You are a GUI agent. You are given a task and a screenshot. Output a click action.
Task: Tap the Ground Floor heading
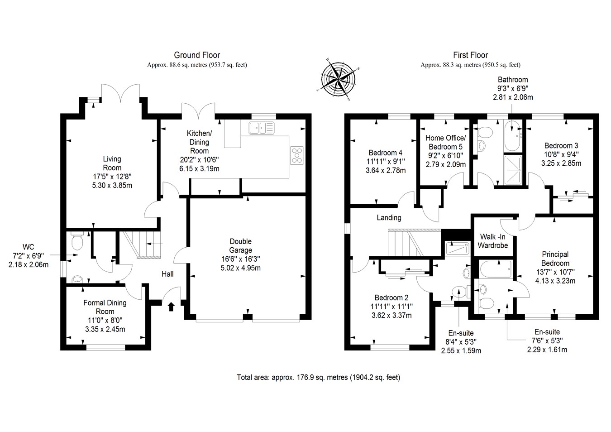pos(197,55)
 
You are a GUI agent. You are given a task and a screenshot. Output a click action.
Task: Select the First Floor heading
pos(470,55)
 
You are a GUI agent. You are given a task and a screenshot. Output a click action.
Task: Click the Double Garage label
pos(240,246)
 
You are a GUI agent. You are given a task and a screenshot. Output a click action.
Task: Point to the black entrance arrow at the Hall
pos(172,307)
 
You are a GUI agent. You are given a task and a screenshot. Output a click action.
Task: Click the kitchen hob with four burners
pos(297,155)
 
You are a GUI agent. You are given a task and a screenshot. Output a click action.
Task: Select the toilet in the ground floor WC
pos(77,242)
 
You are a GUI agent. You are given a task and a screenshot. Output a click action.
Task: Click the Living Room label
pos(112,163)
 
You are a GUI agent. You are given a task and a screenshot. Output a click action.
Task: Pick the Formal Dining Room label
pos(105,307)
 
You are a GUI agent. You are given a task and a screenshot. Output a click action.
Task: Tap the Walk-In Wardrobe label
pos(493,241)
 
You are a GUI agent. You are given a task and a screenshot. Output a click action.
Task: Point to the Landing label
pos(389,218)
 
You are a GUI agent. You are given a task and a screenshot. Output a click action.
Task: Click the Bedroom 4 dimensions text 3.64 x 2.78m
pos(385,171)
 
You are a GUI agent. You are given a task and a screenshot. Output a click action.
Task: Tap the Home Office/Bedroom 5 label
pos(445,142)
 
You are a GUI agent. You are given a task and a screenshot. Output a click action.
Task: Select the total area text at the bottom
pos(318,377)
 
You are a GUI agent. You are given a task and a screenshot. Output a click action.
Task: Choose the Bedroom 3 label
pos(561,146)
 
